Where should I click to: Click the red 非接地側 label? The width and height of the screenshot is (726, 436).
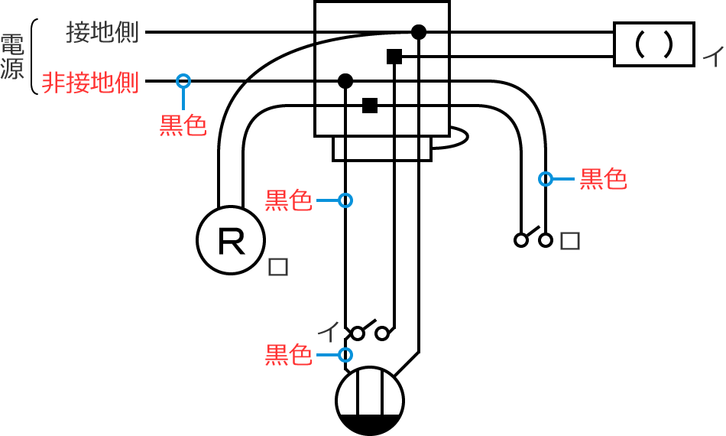tap(90, 83)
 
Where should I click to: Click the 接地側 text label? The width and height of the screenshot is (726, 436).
tap(102, 33)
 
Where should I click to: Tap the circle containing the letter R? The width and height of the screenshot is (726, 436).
tap(232, 241)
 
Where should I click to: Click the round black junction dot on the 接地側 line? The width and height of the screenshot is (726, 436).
tap(418, 32)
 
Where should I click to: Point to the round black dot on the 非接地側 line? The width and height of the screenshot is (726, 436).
tap(345, 80)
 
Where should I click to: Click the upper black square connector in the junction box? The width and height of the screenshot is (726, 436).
tap(394, 56)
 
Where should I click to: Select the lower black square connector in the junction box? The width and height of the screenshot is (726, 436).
tap(370, 106)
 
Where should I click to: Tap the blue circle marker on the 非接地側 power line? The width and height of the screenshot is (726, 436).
tap(183, 80)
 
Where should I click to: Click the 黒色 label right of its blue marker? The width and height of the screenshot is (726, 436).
tap(604, 179)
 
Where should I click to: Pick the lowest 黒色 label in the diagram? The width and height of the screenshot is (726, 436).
tap(288, 356)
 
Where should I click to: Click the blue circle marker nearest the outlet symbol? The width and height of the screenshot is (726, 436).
tap(345, 354)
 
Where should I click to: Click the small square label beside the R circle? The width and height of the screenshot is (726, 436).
tap(278, 267)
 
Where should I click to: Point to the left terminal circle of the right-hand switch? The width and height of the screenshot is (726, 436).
tap(521, 240)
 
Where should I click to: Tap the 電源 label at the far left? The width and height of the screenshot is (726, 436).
tap(13, 57)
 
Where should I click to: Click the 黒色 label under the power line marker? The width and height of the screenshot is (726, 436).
tap(183, 125)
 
